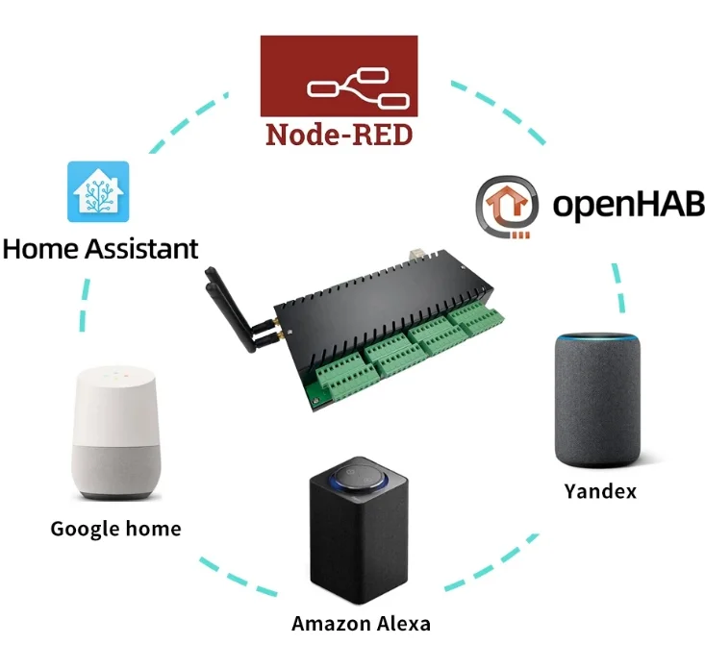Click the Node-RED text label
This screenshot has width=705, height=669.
tap(339, 133)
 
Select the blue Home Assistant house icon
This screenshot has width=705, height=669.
tap(101, 190)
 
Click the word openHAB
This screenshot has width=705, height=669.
tap(628, 204)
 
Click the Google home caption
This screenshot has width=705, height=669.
tap(115, 529)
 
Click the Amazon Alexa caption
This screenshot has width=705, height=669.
tap(361, 624)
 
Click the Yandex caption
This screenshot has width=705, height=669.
tap(599, 492)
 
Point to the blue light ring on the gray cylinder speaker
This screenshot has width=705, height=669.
tap(599, 338)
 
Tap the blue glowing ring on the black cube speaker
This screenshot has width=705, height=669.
tap(360, 473)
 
